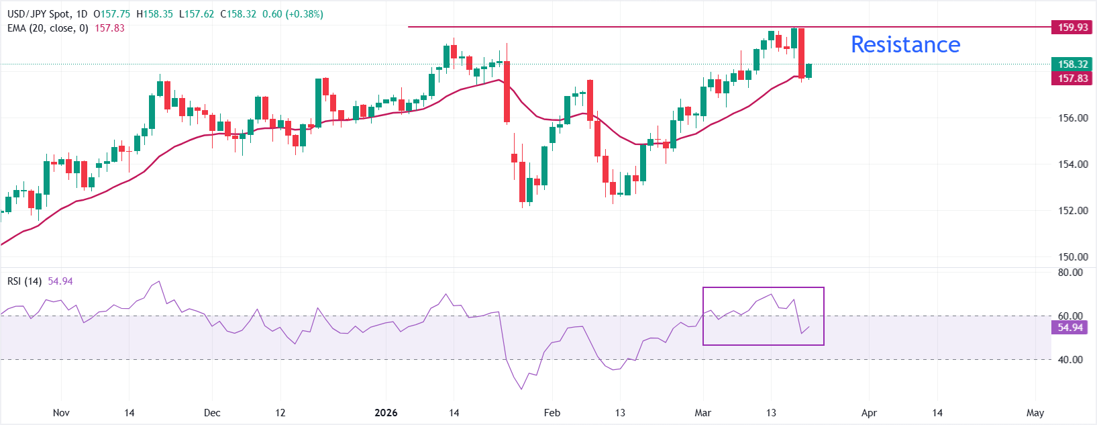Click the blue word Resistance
905,44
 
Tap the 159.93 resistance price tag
1073,28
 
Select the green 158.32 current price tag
1073,64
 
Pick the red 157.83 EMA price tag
1073,79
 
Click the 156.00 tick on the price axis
1073,118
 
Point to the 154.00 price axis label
1073,164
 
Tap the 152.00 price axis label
1073,211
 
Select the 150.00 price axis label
1073,257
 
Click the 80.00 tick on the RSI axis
1070,273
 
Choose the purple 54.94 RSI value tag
1070,328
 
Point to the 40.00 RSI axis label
1070,360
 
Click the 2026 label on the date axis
386,413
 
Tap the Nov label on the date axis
61,413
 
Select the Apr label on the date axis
869,413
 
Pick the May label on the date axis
1035,413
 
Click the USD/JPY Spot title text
38,14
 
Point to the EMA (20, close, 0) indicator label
48,28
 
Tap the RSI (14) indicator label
24,281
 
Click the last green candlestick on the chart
809,70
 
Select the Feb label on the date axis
552,413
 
